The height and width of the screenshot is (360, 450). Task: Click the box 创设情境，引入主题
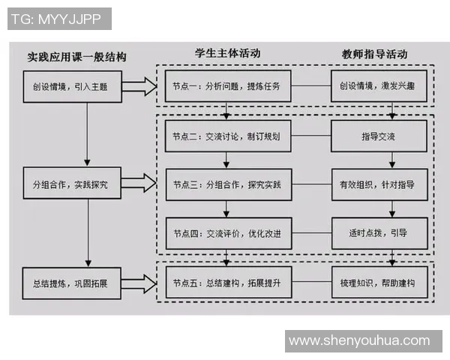pos(70,86)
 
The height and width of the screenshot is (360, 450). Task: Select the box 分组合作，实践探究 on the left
pos(70,184)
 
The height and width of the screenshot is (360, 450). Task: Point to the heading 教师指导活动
pos(374,54)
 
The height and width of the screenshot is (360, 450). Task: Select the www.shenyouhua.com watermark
pos(359,340)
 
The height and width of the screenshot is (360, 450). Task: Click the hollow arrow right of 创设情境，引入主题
pos(139,86)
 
